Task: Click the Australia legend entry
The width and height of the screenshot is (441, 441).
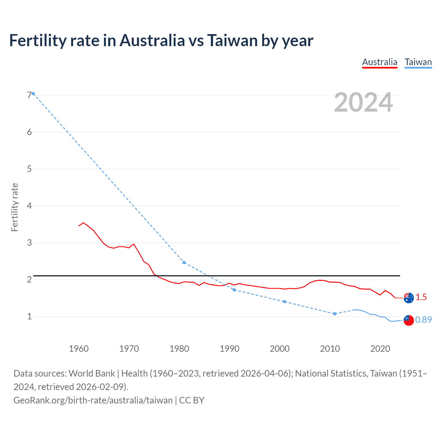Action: [380, 62]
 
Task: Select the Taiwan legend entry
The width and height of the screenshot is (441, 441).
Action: [418, 62]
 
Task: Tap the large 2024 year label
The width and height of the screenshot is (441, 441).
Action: [363, 103]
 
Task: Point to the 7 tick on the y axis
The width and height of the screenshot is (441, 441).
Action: [29, 95]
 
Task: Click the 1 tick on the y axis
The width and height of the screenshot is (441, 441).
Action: [29, 316]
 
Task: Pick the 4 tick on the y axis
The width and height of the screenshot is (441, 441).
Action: [29, 206]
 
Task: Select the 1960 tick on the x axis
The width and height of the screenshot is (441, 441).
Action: [79, 349]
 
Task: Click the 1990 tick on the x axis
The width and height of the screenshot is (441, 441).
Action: [229, 349]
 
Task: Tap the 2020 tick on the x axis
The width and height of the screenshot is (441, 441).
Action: [380, 349]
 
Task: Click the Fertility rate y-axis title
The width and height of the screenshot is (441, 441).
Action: [14, 207]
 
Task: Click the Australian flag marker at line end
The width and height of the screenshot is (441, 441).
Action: [409, 298]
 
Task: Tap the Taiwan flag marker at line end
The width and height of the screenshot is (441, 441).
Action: [409, 320]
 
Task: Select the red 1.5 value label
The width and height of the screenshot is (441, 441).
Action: [421, 297]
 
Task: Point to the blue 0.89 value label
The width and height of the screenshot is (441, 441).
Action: [423, 320]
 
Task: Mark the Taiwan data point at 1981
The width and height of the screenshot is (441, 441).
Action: [184, 263]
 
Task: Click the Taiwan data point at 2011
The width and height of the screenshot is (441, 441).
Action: [335, 314]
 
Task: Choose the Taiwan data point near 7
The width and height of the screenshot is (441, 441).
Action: [33, 94]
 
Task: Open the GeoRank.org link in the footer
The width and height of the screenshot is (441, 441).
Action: [93, 400]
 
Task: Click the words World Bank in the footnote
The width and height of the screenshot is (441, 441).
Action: [92, 373]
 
